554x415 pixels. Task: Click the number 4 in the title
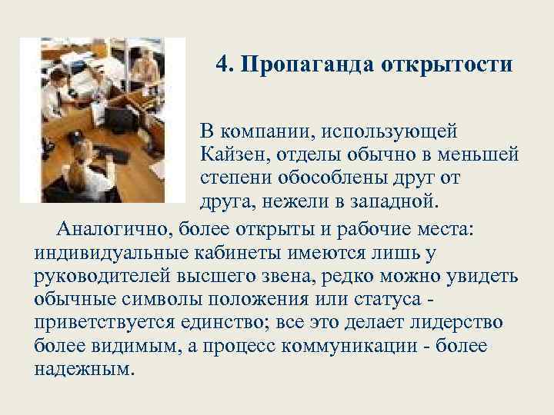pos(222,64)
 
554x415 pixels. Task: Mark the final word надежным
pos(84,369)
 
